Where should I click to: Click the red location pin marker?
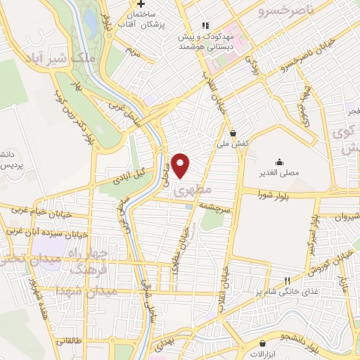(x=181, y=165)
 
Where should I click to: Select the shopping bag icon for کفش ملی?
(x=232, y=133)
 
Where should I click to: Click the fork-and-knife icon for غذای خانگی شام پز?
(x=287, y=281)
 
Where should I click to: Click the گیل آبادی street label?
(x=128, y=172)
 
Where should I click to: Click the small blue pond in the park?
(x=91, y=23)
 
